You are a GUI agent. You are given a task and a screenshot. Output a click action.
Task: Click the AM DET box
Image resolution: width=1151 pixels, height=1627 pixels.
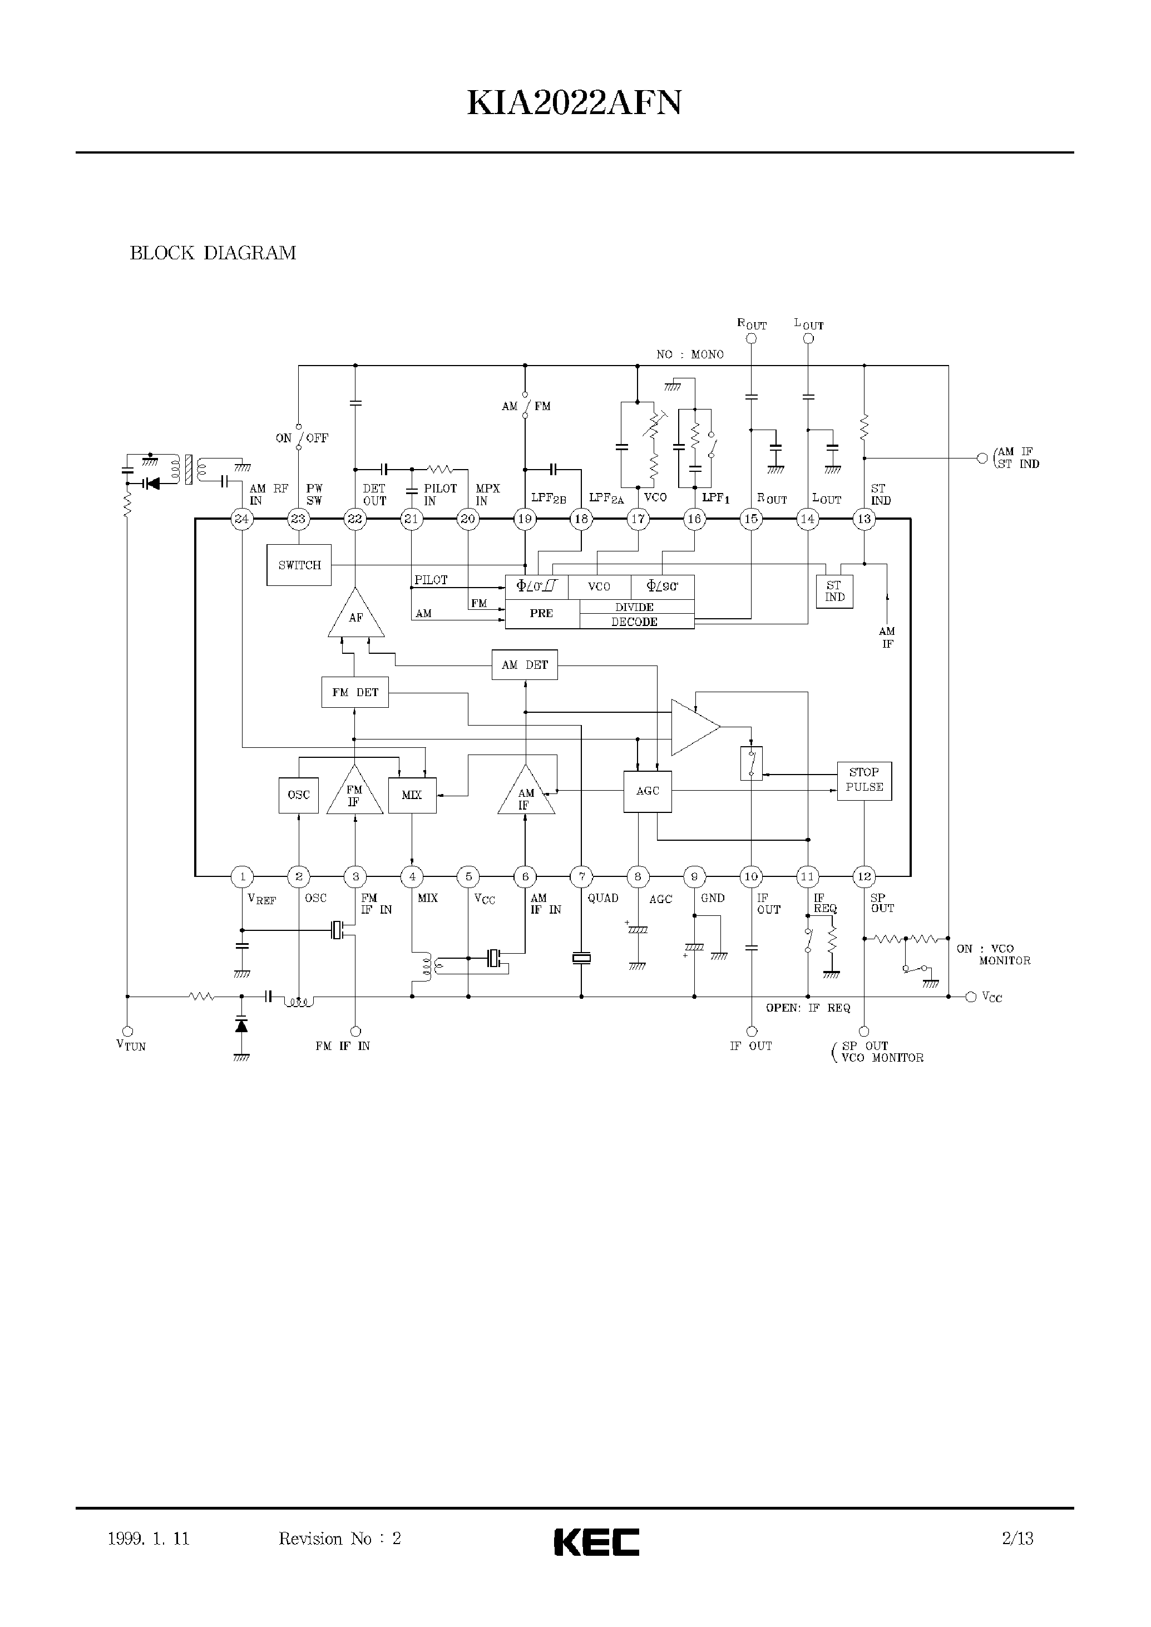[525, 665]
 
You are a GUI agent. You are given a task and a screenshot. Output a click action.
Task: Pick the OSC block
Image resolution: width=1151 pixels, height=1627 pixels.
[298, 795]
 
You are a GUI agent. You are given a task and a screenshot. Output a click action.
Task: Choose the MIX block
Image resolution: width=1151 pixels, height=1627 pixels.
[412, 795]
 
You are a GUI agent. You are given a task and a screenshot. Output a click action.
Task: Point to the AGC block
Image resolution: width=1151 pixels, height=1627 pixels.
[647, 791]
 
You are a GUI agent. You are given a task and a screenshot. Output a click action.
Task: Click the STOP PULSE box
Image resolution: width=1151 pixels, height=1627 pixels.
[864, 780]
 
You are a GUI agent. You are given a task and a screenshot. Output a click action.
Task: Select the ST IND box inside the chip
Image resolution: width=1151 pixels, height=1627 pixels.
[834, 591]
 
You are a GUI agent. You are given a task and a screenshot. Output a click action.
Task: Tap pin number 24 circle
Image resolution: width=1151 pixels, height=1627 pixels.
[241, 519]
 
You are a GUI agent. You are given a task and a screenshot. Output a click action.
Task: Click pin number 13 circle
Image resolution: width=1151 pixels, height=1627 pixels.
[864, 519]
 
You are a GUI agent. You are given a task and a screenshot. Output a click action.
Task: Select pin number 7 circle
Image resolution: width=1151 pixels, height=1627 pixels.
[581, 877]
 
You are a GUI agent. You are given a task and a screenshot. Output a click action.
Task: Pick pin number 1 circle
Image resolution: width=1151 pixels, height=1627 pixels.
[243, 877]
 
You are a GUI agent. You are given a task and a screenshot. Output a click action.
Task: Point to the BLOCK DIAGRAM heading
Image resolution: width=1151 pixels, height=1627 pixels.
[213, 253]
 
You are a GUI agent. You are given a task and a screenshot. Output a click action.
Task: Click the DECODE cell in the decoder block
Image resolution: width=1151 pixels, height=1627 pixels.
[634, 622]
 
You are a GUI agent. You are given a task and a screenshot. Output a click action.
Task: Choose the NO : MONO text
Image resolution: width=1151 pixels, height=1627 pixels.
[690, 354]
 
